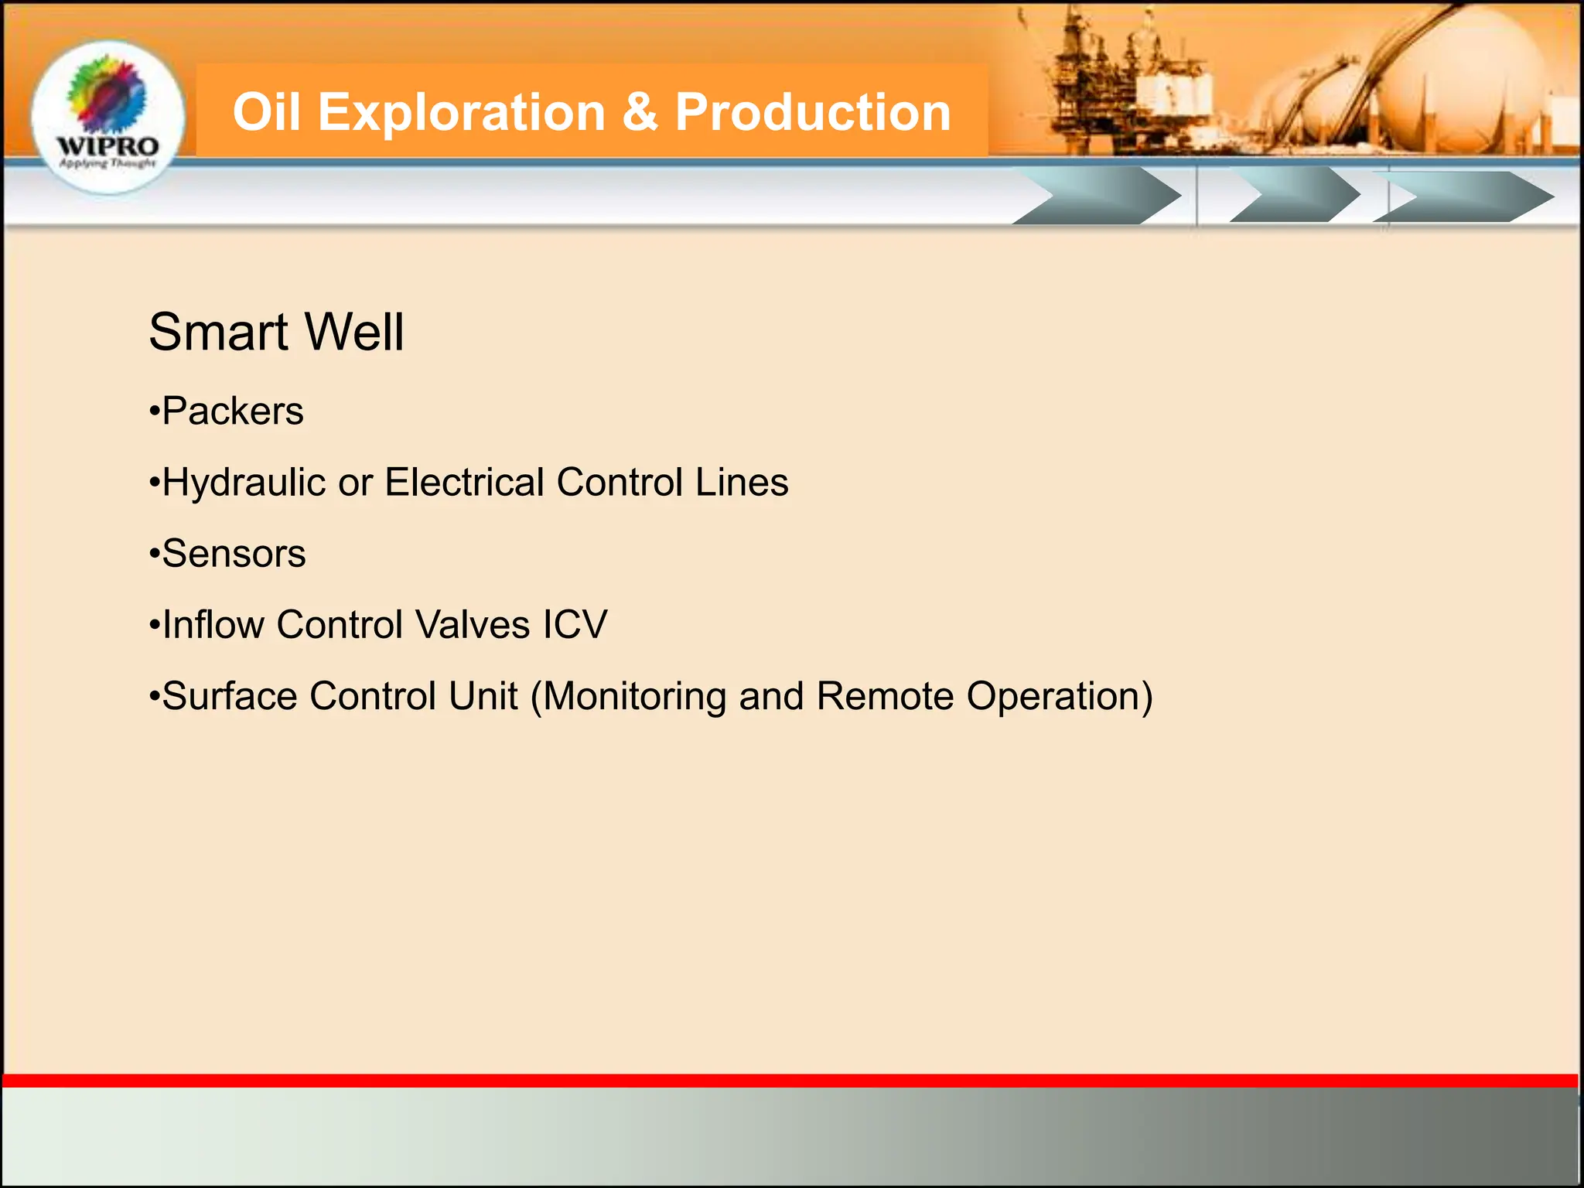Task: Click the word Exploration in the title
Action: pyautogui.click(x=461, y=112)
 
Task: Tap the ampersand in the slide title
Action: pyautogui.click(x=639, y=112)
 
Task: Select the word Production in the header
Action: pyautogui.click(x=812, y=112)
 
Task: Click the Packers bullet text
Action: pyautogui.click(x=232, y=411)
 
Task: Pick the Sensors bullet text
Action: pyautogui.click(x=234, y=554)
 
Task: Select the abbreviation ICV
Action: pyautogui.click(x=575, y=625)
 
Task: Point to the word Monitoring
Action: pyautogui.click(x=634, y=696)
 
